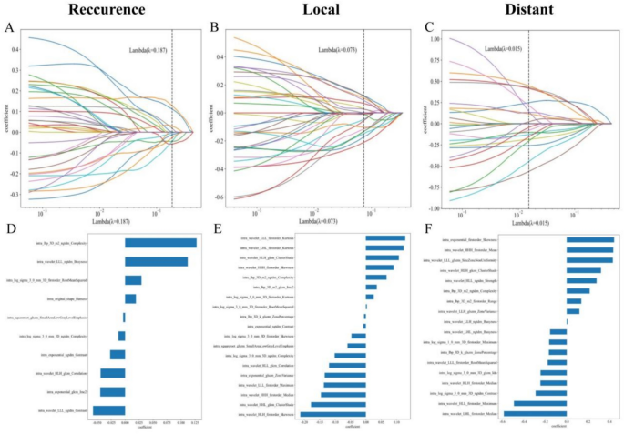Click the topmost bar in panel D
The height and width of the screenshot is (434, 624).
[x=160, y=243]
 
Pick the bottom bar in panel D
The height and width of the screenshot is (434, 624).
[x=112, y=411]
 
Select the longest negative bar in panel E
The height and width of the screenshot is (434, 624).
[x=333, y=414]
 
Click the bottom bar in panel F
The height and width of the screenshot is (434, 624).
[x=535, y=413]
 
